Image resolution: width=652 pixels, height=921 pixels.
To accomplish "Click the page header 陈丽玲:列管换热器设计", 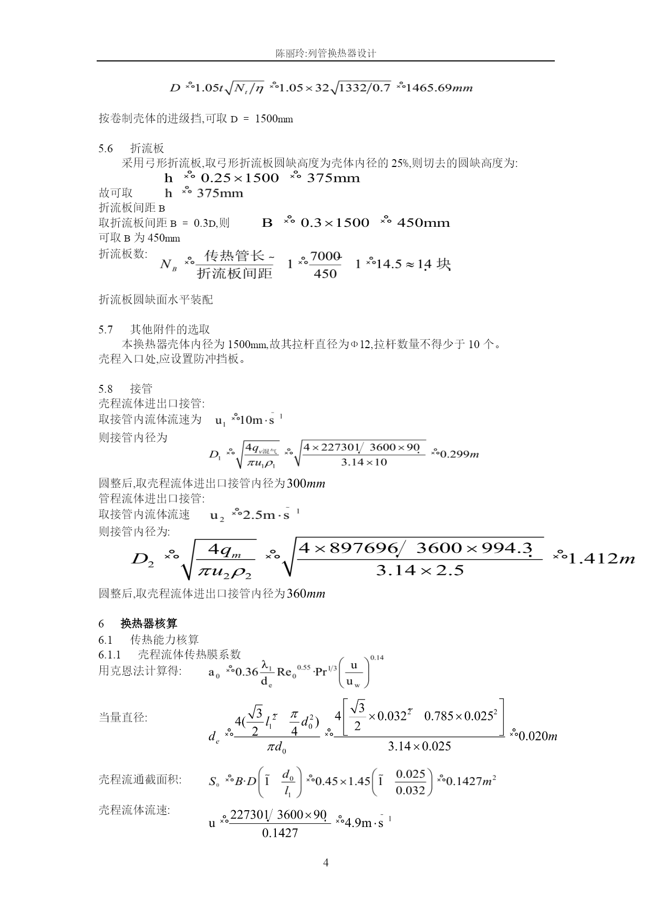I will click(x=326, y=54).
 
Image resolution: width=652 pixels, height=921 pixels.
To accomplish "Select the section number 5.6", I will click(x=106, y=149).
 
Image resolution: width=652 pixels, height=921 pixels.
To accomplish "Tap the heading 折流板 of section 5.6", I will click(x=147, y=149).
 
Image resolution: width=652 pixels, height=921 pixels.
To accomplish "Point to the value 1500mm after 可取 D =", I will click(x=274, y=119).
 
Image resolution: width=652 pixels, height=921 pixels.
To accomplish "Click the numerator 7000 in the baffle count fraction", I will click(x=325, y=256).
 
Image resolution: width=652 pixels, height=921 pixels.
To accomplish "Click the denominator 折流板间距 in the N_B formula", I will click(x=234, y=274).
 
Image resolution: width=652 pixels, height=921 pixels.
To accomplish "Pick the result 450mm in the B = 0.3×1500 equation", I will click(x=423, y=223).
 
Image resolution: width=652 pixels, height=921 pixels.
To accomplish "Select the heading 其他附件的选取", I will click(x=170, y=329).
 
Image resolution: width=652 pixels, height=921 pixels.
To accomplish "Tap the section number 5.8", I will click(x=106, y=389).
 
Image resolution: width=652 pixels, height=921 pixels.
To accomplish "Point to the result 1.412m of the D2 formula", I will click(x=602, y=558).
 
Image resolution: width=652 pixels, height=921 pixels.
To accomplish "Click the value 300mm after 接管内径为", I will click(x=306, y=484).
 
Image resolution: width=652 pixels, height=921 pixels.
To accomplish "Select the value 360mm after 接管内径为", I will click(x=306, y=594).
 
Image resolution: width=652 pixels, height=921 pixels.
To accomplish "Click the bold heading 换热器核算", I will click(x=149, y=623).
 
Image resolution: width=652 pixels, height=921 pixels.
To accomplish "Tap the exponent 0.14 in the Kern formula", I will click(x=377, y=657).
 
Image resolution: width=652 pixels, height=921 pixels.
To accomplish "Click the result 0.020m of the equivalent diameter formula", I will click(x=537, y=736).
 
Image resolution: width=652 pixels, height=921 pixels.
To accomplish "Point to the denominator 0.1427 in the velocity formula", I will click(x=280, y=833).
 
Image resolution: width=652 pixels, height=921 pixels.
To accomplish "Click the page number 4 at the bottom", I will click(x=326, y=863).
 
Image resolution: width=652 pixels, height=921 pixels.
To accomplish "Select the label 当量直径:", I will click(x=123, y=717).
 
